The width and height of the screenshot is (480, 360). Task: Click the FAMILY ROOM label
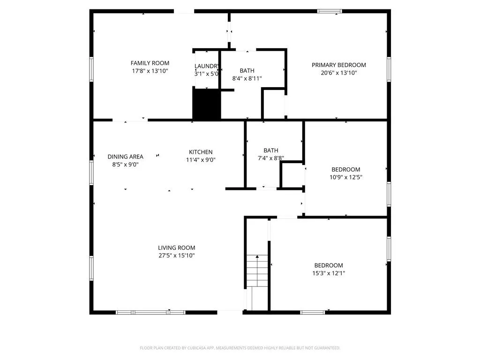click(x=150, y=63)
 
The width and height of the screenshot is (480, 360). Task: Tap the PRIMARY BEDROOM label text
click(x=338, y=65)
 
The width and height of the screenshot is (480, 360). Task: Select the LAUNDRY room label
click(x=207, y=66)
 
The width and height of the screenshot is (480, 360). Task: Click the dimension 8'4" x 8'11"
click(x=247, y=78)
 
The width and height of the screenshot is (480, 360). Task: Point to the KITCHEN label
click(x=201, y=152)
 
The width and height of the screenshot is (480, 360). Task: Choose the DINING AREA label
click(x=125, y=157)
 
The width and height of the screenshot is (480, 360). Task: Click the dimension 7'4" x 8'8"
click(x=270, y=158)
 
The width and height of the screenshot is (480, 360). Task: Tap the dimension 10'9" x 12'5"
click(x=345, y=177)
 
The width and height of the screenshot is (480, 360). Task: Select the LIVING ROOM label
click(x=176, y=247)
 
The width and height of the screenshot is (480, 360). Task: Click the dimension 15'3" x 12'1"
click(x=329, y=273)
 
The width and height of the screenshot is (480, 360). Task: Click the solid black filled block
click(x=207, y=104)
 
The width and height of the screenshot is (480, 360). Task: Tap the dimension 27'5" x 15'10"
click(x=176, y=255)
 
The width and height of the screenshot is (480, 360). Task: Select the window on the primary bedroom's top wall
click(x=330, y=11)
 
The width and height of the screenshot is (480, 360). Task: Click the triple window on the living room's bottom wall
click(x=150, y=312)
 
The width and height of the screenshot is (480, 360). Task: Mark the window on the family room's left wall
click(x=91, y=69)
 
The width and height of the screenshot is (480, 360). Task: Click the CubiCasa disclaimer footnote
click(x=240, y=348)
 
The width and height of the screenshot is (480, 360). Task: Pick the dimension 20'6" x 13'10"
click(x=338, y=73)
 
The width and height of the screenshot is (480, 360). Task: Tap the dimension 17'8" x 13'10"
click(x=150, y=71)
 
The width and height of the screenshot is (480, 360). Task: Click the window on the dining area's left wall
click(x=91, y=172)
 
